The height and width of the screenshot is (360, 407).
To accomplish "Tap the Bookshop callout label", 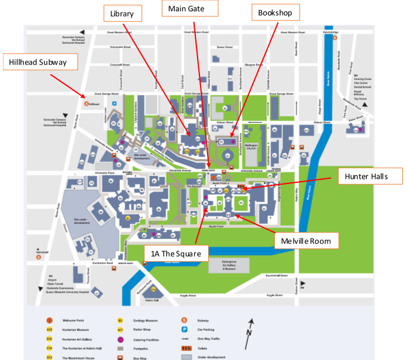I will pos(275,13).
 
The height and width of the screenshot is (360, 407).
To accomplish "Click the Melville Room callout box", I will pos(306,240).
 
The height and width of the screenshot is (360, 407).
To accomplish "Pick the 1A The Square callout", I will pos(176,253).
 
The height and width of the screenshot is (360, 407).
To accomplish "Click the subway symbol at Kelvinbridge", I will pos(334,37).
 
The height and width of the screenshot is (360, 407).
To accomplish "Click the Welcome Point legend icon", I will pos(50,320).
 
